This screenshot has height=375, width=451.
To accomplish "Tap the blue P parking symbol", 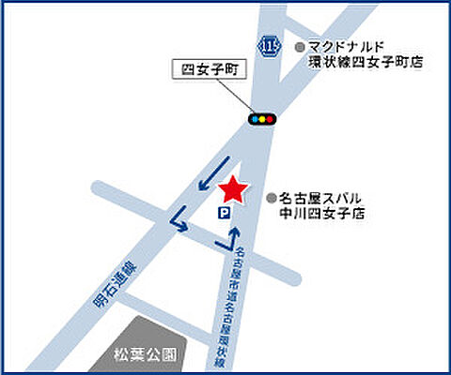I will point(224,215).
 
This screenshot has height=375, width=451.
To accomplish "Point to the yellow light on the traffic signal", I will point(263,119).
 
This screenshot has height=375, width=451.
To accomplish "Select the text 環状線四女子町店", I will point(366,63).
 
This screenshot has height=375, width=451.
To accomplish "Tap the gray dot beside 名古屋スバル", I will point(272,198).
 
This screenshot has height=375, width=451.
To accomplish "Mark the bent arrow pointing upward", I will point(229,238).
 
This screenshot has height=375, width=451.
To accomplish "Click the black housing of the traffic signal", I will point(263,119).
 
